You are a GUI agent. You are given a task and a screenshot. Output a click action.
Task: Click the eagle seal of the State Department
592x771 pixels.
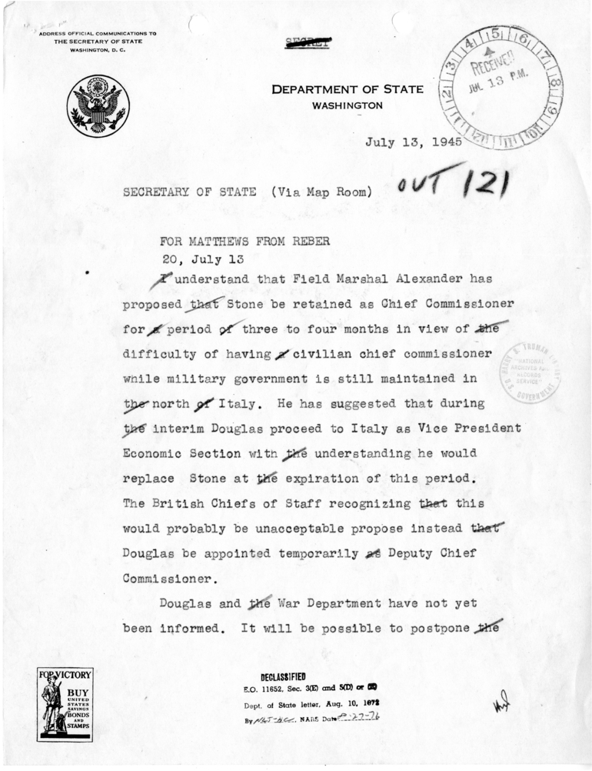[x=98, y=106]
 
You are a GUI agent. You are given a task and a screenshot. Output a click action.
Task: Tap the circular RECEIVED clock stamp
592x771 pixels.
[x=501, y=87]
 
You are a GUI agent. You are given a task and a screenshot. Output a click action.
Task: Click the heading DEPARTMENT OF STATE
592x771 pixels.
[x=347, y=90]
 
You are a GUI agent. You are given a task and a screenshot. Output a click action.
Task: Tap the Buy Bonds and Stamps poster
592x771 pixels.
[x=65, y=704]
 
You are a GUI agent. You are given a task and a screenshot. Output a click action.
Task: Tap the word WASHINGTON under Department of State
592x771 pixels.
[x=348, y=105]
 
